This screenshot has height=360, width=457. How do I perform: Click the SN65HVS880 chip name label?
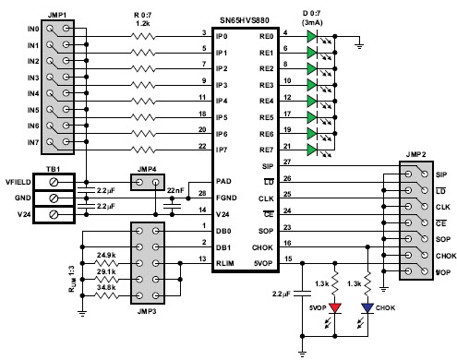point(245,20)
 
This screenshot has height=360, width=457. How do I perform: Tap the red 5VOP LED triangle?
point(335,308)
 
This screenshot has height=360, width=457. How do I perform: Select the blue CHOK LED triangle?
point(367,308)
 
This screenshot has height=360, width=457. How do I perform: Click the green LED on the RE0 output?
point(312,37)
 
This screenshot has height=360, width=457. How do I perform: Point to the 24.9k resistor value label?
point(106,255)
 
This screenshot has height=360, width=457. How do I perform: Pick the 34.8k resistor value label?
point(106,287)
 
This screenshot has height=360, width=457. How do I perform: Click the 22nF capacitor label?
point(175,191)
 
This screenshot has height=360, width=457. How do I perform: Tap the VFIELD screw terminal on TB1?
point(54,182)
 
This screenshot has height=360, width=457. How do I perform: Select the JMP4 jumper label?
point(147,169)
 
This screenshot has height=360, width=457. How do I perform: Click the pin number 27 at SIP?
point(287,162)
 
